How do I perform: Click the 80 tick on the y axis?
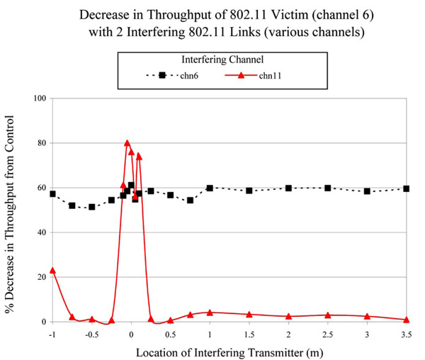[42, 143]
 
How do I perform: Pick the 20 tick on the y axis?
[42, 277]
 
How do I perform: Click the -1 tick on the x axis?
[51, 333]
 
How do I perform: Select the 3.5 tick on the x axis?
[406, 333]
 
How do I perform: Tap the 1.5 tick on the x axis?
[249, 333]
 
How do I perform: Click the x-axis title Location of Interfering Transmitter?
[229, 349]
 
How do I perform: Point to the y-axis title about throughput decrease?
[12, 210]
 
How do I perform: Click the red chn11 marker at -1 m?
[52, 271]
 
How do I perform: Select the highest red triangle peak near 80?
[127, 143]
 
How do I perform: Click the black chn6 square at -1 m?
[52, 194]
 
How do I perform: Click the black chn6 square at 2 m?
[288, 188]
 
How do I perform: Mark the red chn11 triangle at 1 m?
[210, 313]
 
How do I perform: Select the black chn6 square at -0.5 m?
[91, 207]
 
